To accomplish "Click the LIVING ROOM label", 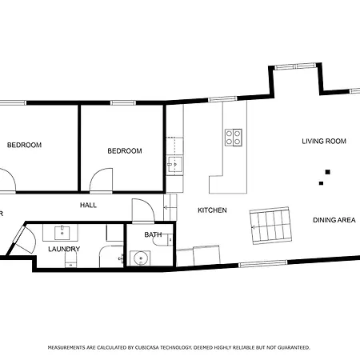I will (323, 141).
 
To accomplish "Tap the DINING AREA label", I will (334, 220).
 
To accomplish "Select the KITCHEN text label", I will (212, 210).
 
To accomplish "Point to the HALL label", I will (88, 206).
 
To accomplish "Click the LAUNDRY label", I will (63, 249).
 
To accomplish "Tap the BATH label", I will (153, 234).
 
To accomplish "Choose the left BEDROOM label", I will (24, 145).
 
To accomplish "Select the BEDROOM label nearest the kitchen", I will (125, 150).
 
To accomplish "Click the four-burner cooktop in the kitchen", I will (234, 138).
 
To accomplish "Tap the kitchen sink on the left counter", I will (174, 165).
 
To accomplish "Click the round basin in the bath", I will (141, 258).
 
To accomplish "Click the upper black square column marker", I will (326, 170).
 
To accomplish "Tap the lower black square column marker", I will (321, 183).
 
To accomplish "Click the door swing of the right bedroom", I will (102, 181).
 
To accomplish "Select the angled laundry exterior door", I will (21, 239).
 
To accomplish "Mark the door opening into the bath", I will (141, 210).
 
